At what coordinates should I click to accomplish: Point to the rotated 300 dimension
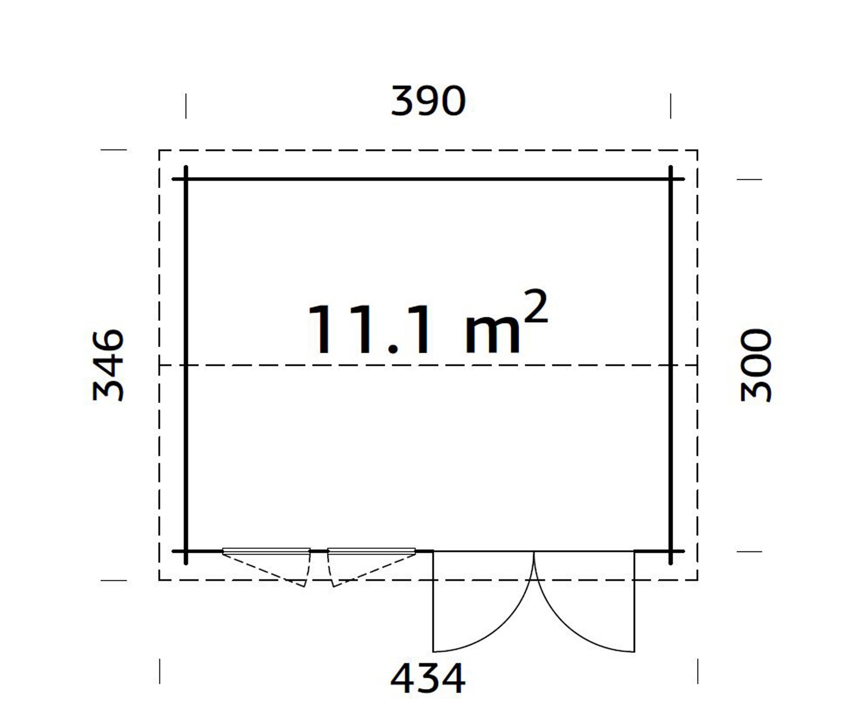[756, 366]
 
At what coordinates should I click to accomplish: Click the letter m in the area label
[493, 335]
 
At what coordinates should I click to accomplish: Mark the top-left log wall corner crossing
[186, 179]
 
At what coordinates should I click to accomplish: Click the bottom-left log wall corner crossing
[186, 552]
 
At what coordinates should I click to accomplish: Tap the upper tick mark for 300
[749, 179]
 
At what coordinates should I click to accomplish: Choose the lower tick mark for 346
[114, 580]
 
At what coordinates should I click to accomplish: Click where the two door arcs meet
[534, 553]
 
